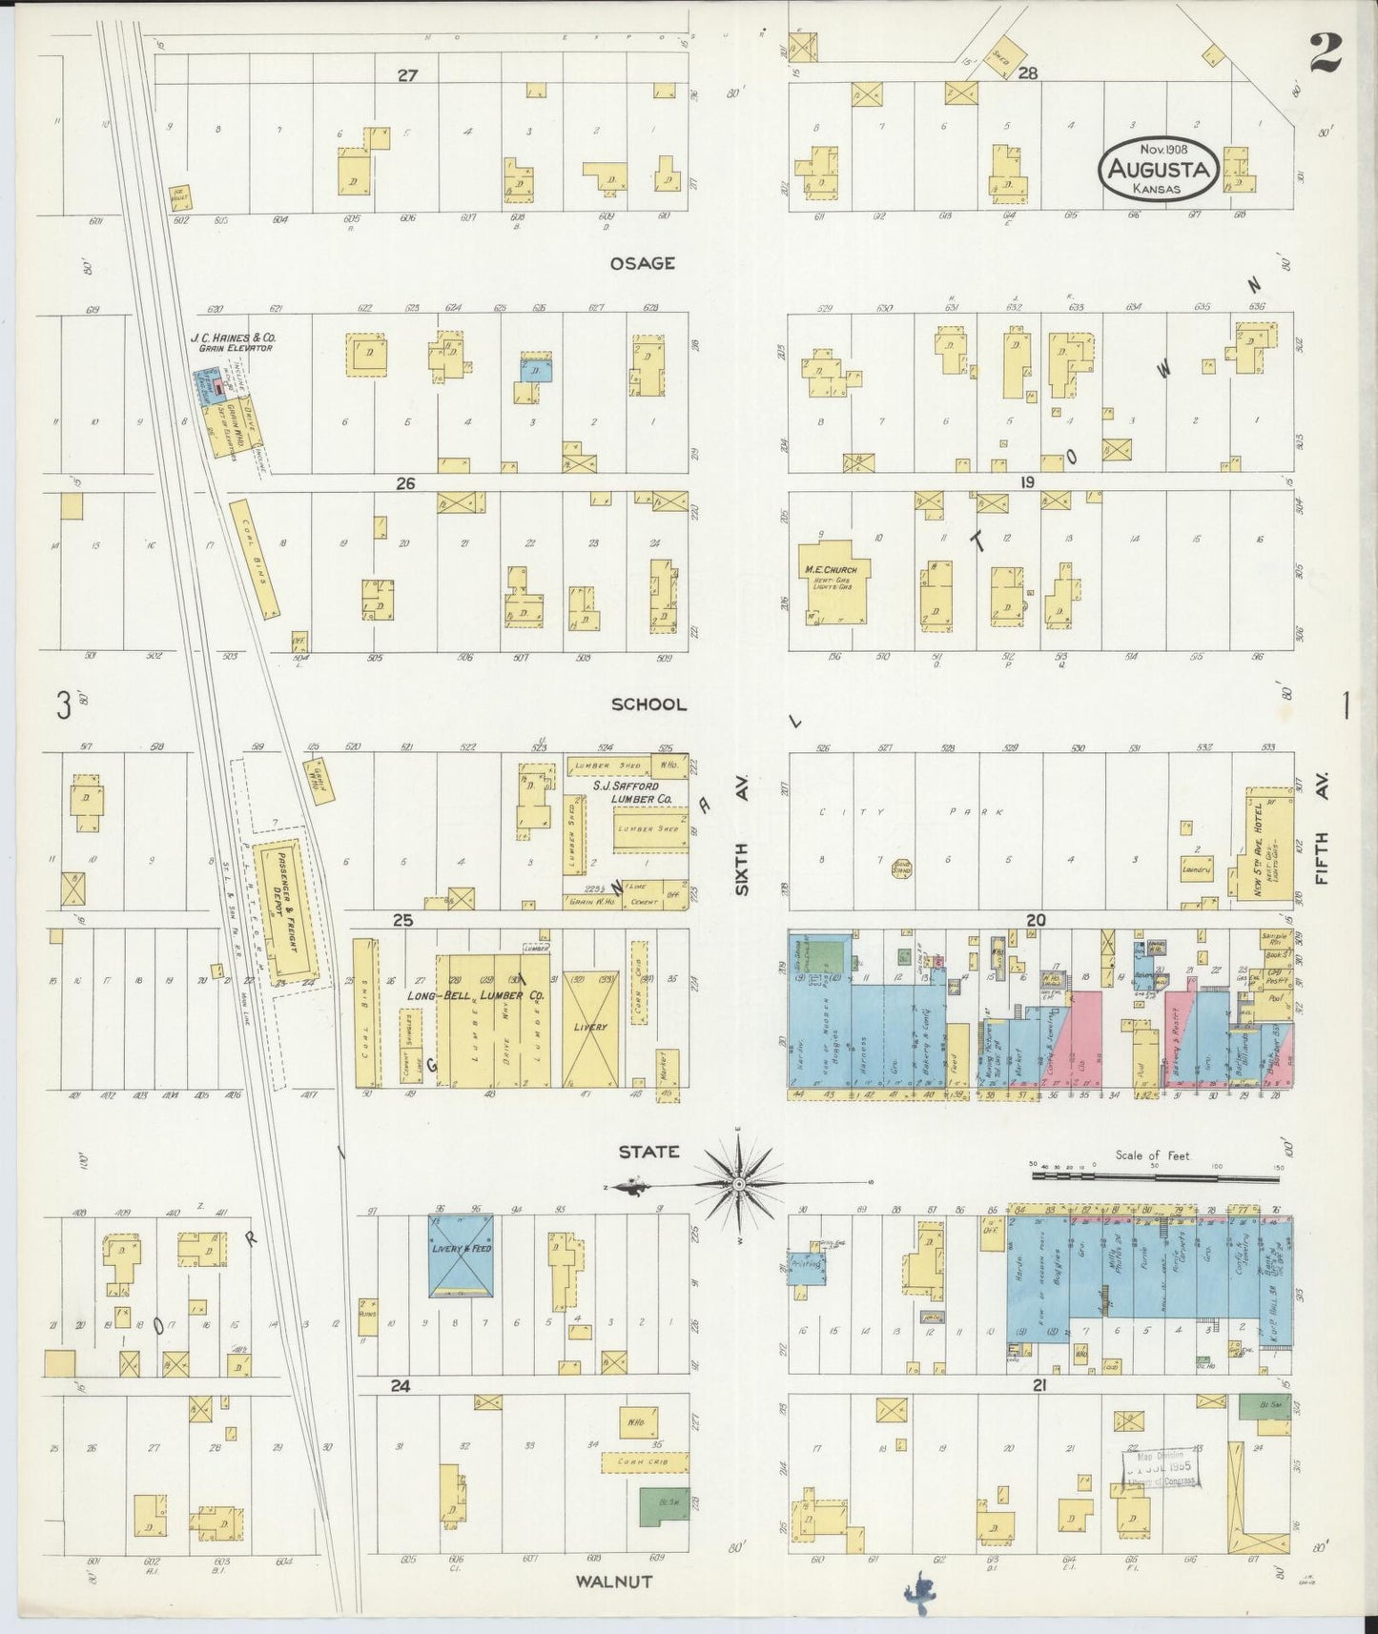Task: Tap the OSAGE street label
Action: pos(643,263)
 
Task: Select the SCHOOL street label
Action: pos(648,704)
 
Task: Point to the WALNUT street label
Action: pos(614,1581)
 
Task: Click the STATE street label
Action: pos(648,1152)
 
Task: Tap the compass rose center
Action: pos(737,1184)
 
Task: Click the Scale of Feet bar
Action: pos(1157,1177)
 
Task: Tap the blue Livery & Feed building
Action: pos(461,1255)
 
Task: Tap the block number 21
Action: pos(1039,1385)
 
